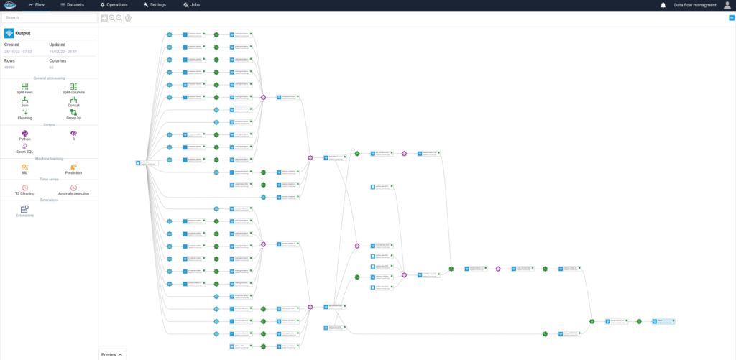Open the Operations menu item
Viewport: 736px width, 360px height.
(114, 5)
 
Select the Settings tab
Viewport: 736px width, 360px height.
(155, 5)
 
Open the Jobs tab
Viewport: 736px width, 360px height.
(192, 5)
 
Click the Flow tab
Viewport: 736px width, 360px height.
(36, 5)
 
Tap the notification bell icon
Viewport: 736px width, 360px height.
(663, 6)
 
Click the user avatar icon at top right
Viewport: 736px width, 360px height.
(727, 6)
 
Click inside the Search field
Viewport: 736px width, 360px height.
(49, 17)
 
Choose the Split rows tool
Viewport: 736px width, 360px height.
(24, 86)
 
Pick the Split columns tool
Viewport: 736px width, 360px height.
(73, 86)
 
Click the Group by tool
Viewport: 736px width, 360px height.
(73, 113)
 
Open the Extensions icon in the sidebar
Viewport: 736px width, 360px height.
(24, 209)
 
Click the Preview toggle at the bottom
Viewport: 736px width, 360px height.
(112, 354)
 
